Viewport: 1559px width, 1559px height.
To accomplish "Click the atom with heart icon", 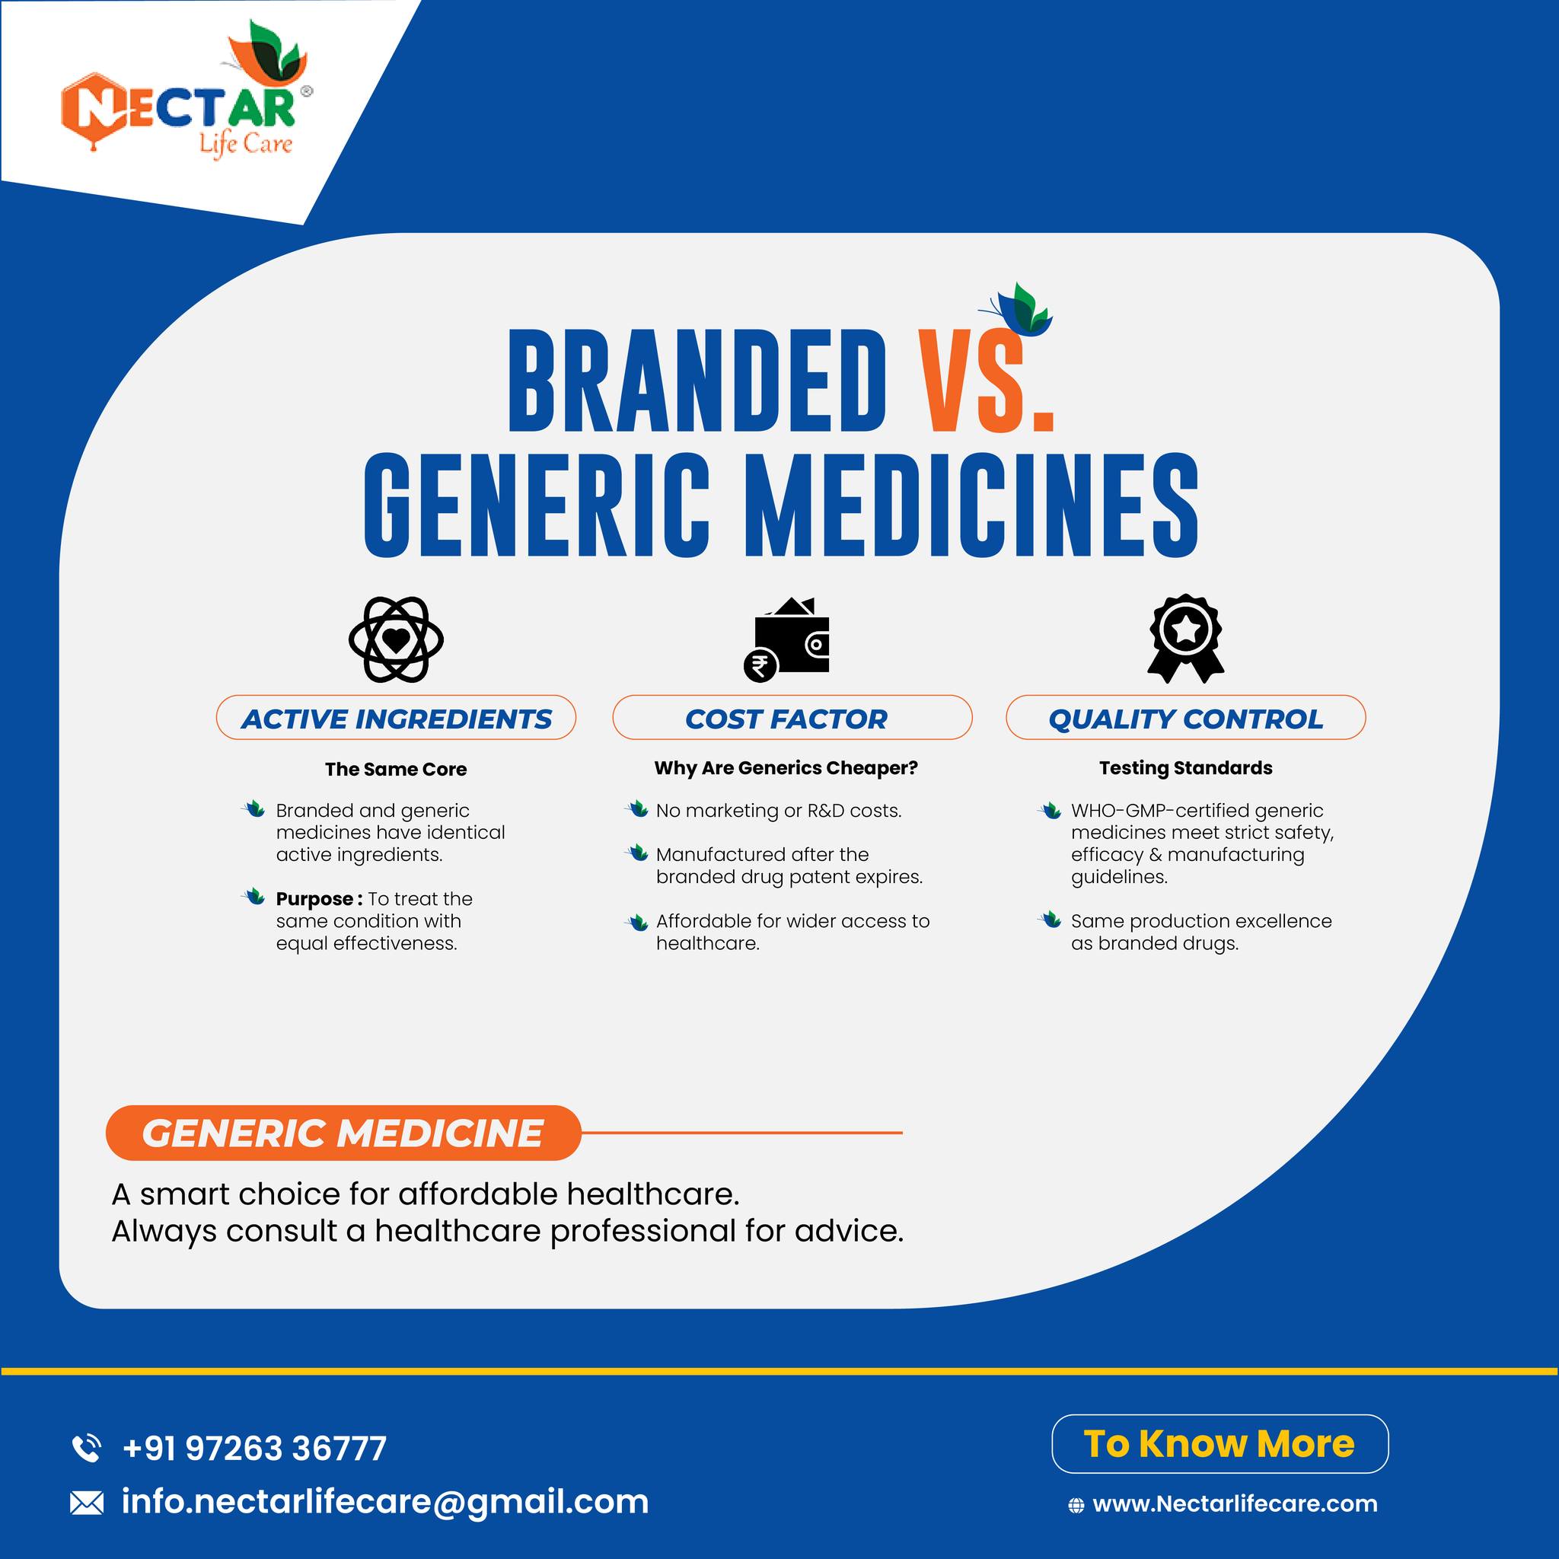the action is (396, 640).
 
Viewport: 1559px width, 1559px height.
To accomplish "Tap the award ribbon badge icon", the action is (1185, 638).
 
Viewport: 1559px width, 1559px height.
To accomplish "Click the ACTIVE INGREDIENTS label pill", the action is (396, 717).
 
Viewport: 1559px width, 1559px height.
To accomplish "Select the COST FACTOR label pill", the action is (792, 717).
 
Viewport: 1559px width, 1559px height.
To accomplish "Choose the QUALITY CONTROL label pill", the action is (1185, 717).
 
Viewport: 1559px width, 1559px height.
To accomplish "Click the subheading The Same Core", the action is (396, 769).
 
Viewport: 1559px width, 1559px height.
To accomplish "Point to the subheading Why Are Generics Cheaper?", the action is (786, 768).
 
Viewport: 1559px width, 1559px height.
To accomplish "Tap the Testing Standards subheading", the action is (1185, 768).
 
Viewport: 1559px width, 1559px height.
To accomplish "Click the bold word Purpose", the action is (314, 899).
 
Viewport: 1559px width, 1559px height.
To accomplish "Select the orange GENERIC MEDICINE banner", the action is (343, 1133).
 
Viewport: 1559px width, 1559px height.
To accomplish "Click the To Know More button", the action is (1220, 1443).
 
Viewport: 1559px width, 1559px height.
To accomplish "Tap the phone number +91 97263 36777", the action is (254, 1448).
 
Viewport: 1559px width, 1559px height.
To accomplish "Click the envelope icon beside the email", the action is (87, 1503).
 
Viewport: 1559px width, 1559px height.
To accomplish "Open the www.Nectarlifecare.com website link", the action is (1235, 1504).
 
